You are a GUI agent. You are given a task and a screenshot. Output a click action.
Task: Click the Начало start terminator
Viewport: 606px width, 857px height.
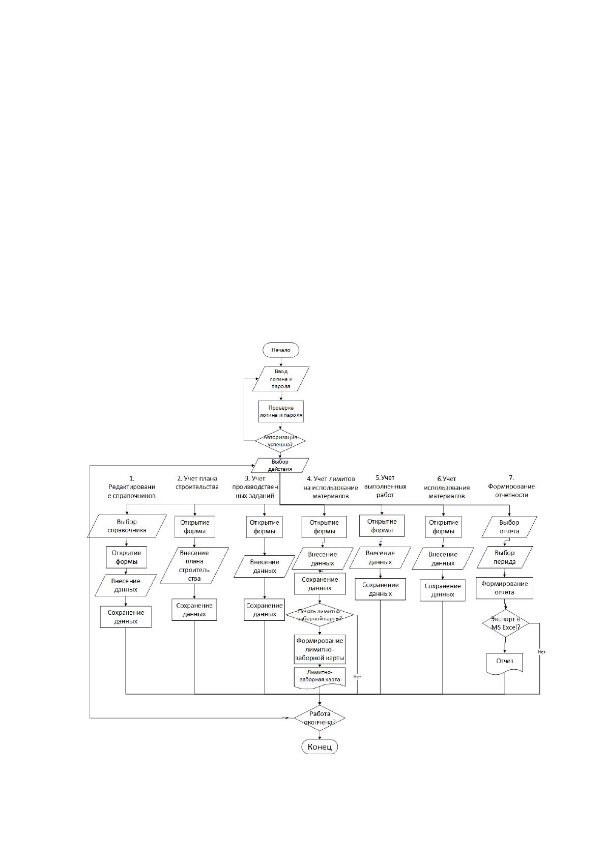(281, 350)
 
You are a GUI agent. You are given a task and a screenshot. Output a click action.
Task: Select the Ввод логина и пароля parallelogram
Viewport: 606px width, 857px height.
(281, 379)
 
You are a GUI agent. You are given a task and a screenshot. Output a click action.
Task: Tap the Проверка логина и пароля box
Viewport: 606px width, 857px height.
(281, 411)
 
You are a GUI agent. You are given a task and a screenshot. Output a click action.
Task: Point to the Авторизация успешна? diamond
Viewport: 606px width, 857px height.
(280, 441)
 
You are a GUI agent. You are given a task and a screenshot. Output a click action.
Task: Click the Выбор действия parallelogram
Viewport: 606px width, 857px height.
(280, 465)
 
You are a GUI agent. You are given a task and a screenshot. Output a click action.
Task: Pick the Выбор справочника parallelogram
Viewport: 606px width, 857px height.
(127, 526)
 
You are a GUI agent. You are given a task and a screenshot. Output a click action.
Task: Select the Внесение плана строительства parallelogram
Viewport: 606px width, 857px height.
(194, 565)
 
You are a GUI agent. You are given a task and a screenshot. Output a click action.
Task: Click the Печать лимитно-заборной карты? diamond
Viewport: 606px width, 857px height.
(320, 615)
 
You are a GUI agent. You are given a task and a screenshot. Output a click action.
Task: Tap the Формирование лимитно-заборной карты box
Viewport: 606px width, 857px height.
(320, 649)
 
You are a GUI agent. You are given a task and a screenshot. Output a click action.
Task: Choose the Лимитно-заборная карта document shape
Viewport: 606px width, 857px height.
(320, 677)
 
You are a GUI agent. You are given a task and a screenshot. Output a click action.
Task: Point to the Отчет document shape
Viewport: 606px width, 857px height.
(505, 662)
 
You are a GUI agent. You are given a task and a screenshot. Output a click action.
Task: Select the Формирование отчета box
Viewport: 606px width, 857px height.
(504, 588)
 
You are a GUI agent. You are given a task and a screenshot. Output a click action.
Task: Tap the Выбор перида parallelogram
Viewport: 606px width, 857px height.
(505, 557)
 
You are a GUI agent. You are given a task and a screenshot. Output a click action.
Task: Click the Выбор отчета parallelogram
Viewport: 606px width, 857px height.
(509, 527)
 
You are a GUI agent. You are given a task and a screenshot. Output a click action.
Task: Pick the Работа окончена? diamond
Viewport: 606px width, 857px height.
(320, 718)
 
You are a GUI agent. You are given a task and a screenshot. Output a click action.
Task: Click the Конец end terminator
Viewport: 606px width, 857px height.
(320, 747)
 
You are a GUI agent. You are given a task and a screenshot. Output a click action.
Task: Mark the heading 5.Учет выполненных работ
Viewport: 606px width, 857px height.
(385, 487)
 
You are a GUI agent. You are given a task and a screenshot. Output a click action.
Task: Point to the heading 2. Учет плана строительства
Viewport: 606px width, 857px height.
(197, 483)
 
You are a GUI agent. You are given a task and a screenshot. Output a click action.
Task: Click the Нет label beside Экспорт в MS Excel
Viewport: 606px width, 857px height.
(542, 652)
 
